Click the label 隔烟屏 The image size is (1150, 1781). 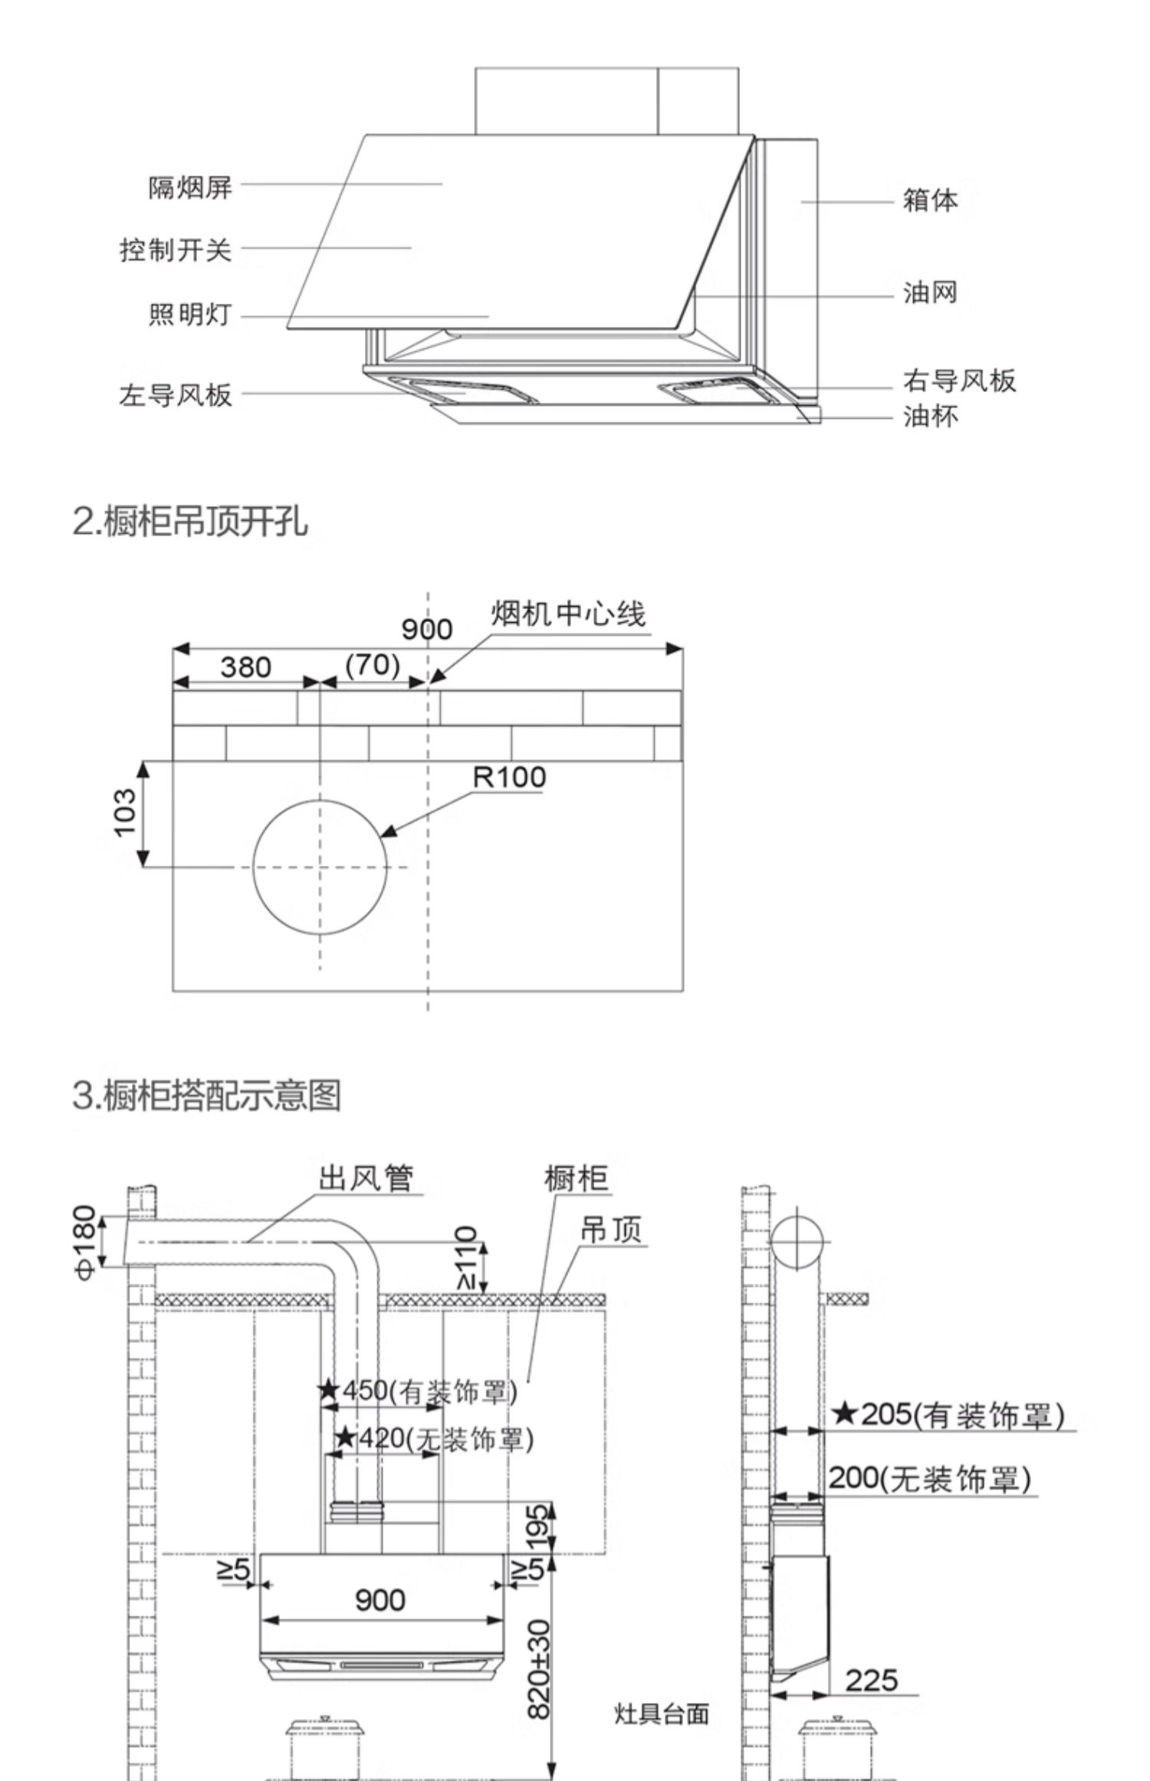(x=189, y=187)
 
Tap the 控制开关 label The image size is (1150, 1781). (x=175, y=250)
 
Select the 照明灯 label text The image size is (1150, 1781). (x=189, y=315)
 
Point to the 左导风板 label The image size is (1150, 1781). (x=175, y=395)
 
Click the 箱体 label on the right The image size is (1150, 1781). (x=930, y=200)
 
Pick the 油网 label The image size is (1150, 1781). (x=930, y=292)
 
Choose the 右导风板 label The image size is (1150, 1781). (x=959, y=380)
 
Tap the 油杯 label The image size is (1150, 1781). (x=930, y=416)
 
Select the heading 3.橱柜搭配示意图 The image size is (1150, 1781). (x=206, y=1095)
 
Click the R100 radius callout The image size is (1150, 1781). (x=509, y=777)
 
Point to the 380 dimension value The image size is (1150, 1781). (x=245, y=667)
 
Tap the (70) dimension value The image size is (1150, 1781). (x=373, y=664)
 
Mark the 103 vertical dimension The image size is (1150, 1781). (x=125, y=813)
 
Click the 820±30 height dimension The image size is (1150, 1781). (x=540, y=1667)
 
